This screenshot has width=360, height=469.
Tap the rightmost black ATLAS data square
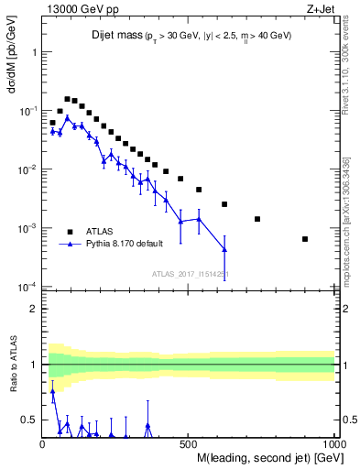click(x=305, y=239)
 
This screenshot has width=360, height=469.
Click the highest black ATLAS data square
click(x=67, y=99)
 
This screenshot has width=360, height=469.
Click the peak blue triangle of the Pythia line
click(x=67, y=117)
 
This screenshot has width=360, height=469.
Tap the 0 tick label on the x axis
click(x=43, y=443)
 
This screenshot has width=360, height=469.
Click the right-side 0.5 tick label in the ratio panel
click(x=348, y=420)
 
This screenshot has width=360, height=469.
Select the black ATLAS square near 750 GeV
click(x=257, y=219)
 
